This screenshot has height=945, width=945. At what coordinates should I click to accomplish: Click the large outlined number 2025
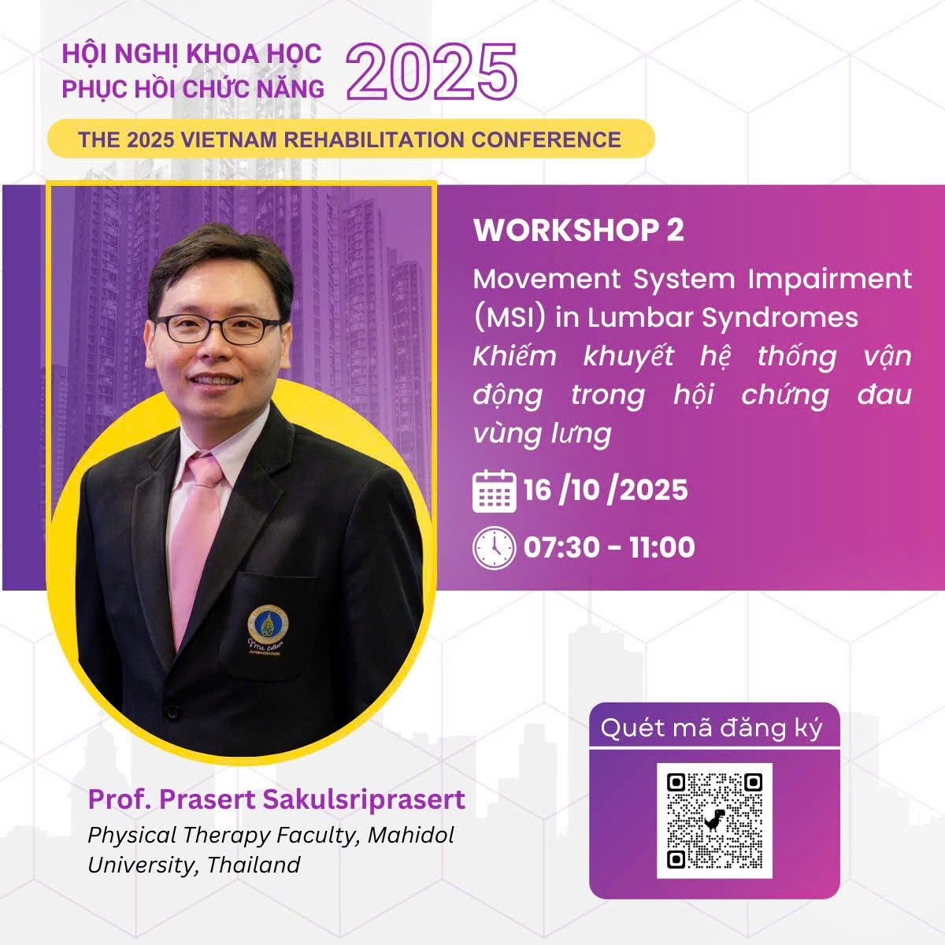pyautogui.click(x=432, y=72)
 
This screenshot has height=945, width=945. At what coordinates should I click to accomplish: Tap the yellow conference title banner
pyautogui.click(x=351, y=139)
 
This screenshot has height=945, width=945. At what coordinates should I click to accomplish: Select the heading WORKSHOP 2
pyautogui.click(x=579, y=230)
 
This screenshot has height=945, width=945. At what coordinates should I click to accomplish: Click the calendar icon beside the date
pyautogui.click(x=495, y=491)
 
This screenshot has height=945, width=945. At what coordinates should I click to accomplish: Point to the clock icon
pyautogui.click(x=495, y=548)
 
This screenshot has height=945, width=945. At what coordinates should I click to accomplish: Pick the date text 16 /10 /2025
pyautogui.click(x=606, y=490)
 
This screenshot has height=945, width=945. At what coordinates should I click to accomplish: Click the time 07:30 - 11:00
pyautogui.click(x=609, y=547)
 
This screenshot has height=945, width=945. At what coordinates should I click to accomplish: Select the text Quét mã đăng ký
pyautogui.click(x=712, y=729)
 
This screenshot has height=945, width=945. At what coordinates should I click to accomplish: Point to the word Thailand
pyautogui.click(x=254, y=865)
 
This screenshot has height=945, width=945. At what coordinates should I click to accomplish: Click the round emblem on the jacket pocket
pyautogui.click(x=268, y=622)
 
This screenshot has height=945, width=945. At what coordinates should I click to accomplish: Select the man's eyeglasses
pyautogui.click(x=219, y=329)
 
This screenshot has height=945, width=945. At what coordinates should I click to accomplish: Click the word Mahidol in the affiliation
pyautogui.click(x=411, y=836)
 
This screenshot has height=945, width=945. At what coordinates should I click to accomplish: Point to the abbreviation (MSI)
pyautogui.click(x=510, y=318)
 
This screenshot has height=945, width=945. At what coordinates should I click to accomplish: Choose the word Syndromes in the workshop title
pyautogui.click(x=780, y=318)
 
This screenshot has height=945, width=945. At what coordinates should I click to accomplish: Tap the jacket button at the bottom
pyautogui.click(x=171, y=712)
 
